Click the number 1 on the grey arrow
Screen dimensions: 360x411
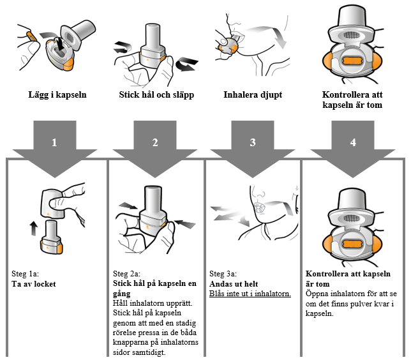(x=55, y=142)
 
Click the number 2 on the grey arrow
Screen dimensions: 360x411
(x=155, y=142)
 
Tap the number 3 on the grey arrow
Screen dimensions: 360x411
(x=253, y=142)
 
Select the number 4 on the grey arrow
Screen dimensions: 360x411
(x=353, y=142)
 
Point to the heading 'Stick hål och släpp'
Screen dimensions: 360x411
(x=156, y=95)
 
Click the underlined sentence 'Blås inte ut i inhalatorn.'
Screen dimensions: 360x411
(x=250, y=294)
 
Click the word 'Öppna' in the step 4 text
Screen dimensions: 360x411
(x=318, y=294)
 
